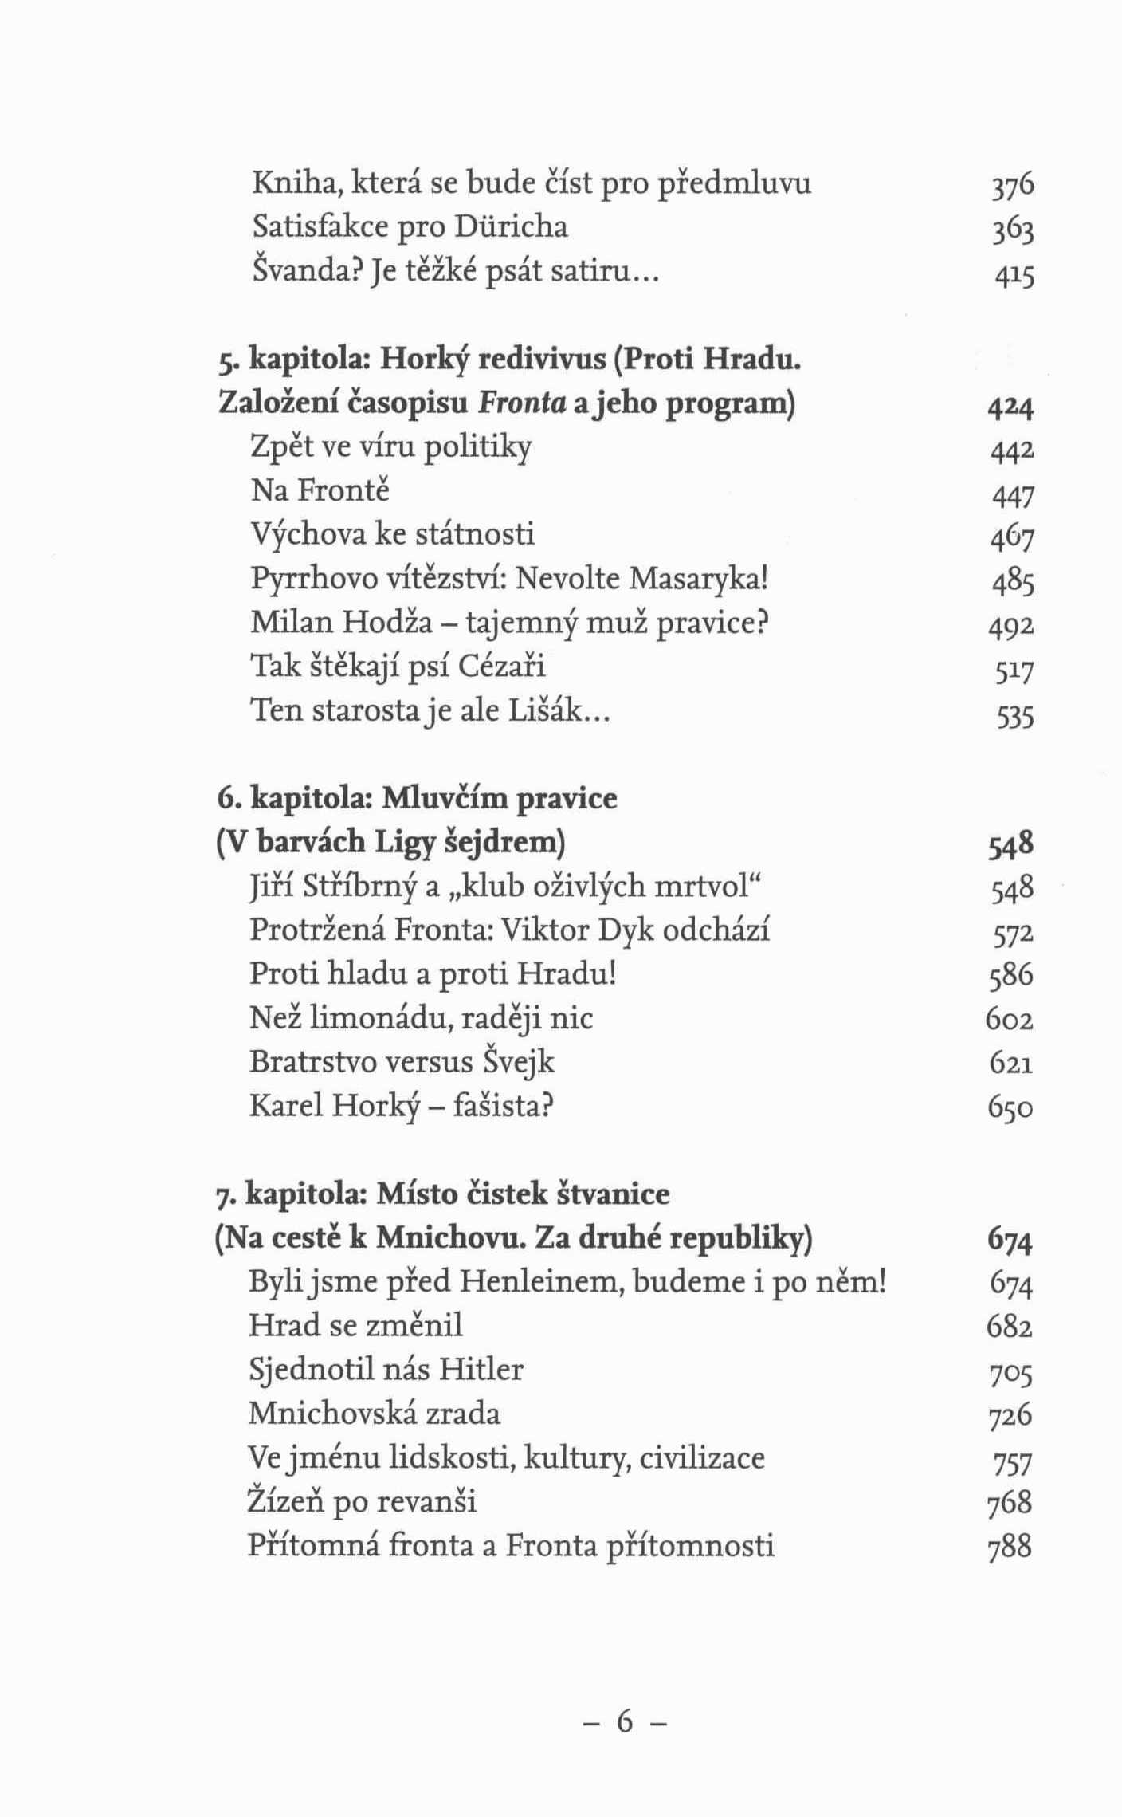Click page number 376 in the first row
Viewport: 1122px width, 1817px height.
coord(1012,186)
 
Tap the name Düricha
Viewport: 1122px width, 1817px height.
coord(511,228)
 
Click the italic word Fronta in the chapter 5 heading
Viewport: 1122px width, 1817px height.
coord(521,404)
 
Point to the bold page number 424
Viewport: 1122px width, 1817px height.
coord(1010,408)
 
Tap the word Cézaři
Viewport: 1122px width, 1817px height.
coord(502,666)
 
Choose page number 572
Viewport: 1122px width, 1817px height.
coord(1012,933)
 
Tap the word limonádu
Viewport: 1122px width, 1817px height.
coord(380,1018)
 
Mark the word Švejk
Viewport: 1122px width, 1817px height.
coord(518,1063)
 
